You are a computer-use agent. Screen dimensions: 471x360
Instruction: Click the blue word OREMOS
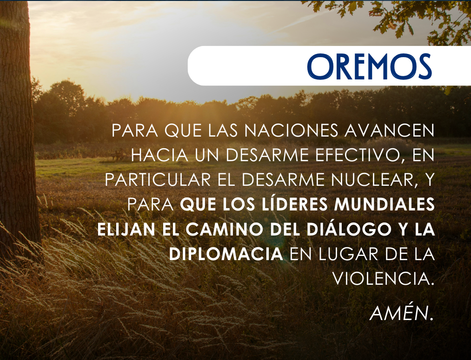pyautogui.click(x=370, y=66)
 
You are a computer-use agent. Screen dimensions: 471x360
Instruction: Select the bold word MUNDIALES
pyautogui.click(x=384, y=204)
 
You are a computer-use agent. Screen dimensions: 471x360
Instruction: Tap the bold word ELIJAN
pyautogui.click(x=126, y=229)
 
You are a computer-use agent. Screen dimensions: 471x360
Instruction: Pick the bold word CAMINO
pyautogui.click(x=225, y=229)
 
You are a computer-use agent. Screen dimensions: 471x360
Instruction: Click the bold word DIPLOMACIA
pyautogui.click(x=226, y=254)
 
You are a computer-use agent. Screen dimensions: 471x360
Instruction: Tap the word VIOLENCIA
pyautogui.click(x=384, y=279)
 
